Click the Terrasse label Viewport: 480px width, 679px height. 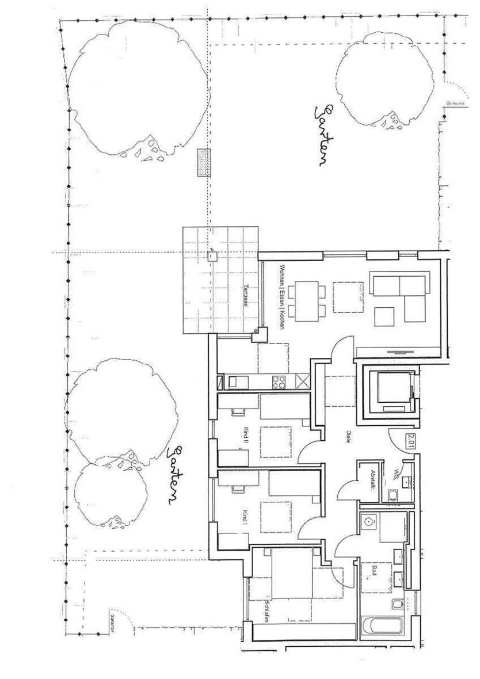coord(246,295)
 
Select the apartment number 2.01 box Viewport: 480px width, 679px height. coord(411,441)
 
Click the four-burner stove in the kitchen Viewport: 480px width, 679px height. coord(279,381)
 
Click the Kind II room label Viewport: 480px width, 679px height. coord(246,437)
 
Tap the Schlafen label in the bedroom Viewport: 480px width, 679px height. coord(266,612)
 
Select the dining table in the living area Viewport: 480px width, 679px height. coord(306,299)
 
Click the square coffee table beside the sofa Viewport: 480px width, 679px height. coord(384,316)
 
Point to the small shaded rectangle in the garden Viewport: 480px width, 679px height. coord(203,162)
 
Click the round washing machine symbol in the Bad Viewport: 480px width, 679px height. coord(368,521)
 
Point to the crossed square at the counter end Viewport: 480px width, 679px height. coord(304,380)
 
